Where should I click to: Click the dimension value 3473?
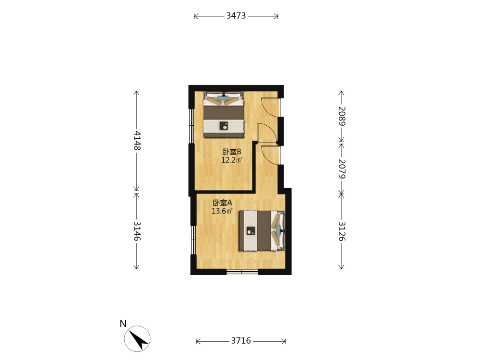click(x=236, y=16)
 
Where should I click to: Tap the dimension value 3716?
click(x=241, y=341)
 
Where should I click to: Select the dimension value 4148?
click(x=137, y=141)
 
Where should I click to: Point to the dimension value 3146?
click(x=137, y=231)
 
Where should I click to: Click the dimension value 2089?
click(x=342, y=116)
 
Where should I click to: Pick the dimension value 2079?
click(x=342, y=169)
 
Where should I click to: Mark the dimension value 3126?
click(x=342, y=231)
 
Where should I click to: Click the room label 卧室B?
click(x=232, y=152)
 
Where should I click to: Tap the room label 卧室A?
click(x=223, y=203)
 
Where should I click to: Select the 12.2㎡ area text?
click(x=232, y=160)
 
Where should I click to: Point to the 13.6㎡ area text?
click(x=222, y=211)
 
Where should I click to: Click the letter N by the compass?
click(x=123, y=324)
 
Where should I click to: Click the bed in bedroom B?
click(x=224, y=114)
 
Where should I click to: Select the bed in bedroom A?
click(x=262, y=230)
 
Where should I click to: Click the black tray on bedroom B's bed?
click(x=224, y=126)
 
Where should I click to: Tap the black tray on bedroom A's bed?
click(x=251, y=230)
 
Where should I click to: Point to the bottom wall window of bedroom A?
click(x=242, y=272)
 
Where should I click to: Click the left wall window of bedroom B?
click(x=192, y=125)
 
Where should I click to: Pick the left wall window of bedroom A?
click(x=193, y=240)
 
